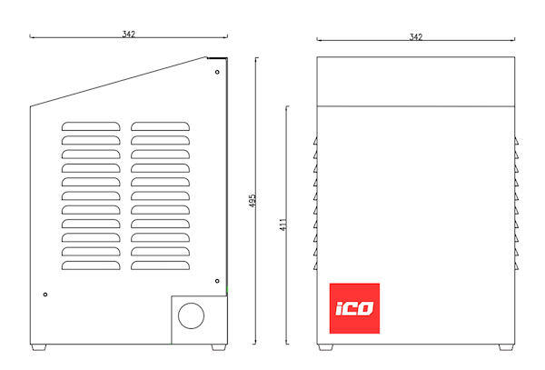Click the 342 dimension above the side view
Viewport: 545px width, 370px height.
click(x=128, y=34)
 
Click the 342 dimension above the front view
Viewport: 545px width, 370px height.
click(x=416, y=37)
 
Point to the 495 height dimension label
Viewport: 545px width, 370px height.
click(x=253, y=201)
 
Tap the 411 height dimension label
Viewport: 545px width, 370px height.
click(x=283, y=225)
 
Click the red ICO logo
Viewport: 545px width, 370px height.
click(x=354, y=308)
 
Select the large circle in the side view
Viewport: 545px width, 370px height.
click(x=191, y=303)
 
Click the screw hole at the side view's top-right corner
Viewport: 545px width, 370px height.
click(x=217, y=72)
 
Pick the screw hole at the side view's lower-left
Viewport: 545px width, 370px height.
click(x=45, y=295)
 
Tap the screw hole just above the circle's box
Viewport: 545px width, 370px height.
click(x=217, y=281)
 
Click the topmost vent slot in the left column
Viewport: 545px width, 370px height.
click(x=91, y=126)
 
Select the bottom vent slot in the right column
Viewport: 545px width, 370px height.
click(x=160, y=265)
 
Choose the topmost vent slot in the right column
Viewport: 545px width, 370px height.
click(x=160, y=126)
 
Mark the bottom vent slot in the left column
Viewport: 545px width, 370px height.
click(x=91, y=265)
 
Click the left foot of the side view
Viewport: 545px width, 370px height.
click(x=38, y=347)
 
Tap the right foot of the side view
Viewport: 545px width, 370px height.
click(x=219, y=347)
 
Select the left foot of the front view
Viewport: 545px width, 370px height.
click(x=325, y=347)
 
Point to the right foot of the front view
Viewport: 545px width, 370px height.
click(x=506, y=347)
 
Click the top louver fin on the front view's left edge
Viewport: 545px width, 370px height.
click(x=315, y=141)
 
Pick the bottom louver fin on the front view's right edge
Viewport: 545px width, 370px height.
click(x=516, y=266)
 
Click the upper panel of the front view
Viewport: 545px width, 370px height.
click(x=416, y=82)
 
